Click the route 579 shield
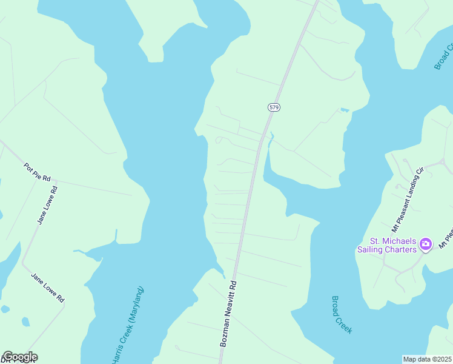click(274, 107)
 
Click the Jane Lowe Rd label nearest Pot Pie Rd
click(47, 205)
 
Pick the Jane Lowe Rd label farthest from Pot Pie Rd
click(48, 288)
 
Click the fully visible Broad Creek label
click(342, 314)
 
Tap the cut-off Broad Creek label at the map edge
click(444, 56)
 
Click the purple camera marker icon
click(426, 244)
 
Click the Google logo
click(19, 357)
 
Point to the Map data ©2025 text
click(428, 359)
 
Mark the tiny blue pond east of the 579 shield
click(345, 110)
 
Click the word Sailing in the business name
click(372, 249)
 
